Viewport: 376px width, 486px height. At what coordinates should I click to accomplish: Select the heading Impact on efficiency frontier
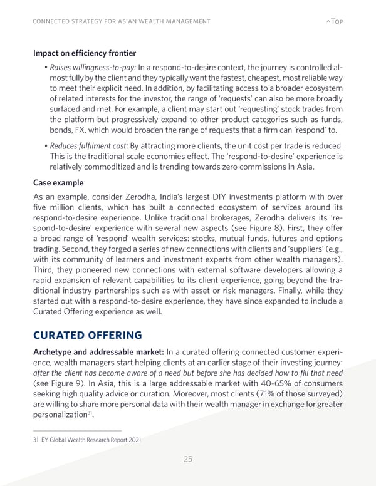85,54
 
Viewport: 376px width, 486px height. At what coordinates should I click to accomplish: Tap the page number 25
187,459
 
